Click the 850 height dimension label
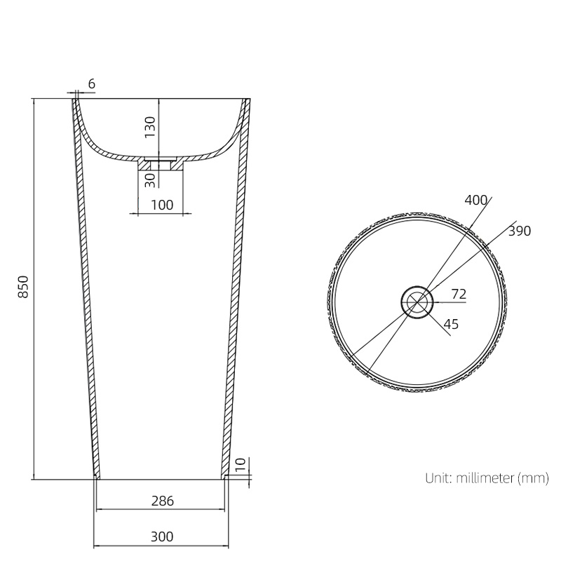pyautogui.click(x=22, y=288)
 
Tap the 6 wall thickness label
pyautogui.click(x=91, y=84)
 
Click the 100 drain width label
pyautogui.click(x=162, y=205)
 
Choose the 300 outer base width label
pyautogui.click(x=161, y=537)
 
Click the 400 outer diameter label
pyautogui.click(x=476, y=201)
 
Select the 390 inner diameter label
pyautogui.click(x=520, y=231)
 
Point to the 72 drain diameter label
pyautogui.click(x=459, y=294)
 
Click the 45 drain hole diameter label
pyautogui.click(x=452, y=323)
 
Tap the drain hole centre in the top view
pyautogui.click(x=417, y=302)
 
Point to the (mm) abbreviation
pyautogui.click(x=533, y=479)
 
